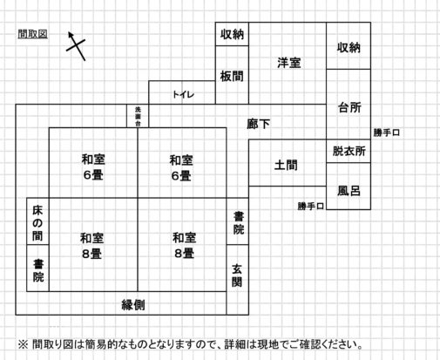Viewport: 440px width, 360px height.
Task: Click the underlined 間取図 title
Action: [x=32, y=34]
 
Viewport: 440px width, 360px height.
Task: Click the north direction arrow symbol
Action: [x=76, y=46]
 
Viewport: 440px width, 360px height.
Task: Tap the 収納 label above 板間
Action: [x=232, y=34]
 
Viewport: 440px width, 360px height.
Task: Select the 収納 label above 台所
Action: [x=349, y=47]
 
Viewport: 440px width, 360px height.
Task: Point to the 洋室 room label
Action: [x=289, y=63]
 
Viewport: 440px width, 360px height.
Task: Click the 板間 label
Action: [x=232, y=77]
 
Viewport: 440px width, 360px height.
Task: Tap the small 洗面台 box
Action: [x=138, y=116]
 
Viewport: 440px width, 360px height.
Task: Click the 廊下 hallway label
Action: [x=259, y=124]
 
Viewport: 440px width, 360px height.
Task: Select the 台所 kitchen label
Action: [x=349, y=108]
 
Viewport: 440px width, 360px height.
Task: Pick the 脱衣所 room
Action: [x=349, y=151]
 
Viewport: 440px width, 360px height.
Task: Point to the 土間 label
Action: [x=286, y=165]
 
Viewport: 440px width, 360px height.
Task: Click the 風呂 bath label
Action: [x=349, y=191]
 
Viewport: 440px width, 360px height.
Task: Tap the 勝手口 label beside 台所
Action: [x=387, y=132]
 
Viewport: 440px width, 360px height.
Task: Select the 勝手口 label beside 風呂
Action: [x=311, y=207]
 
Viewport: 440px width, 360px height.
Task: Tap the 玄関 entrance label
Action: [x=237, y=275]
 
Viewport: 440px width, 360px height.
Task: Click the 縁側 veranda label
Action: [x=133, y=305]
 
